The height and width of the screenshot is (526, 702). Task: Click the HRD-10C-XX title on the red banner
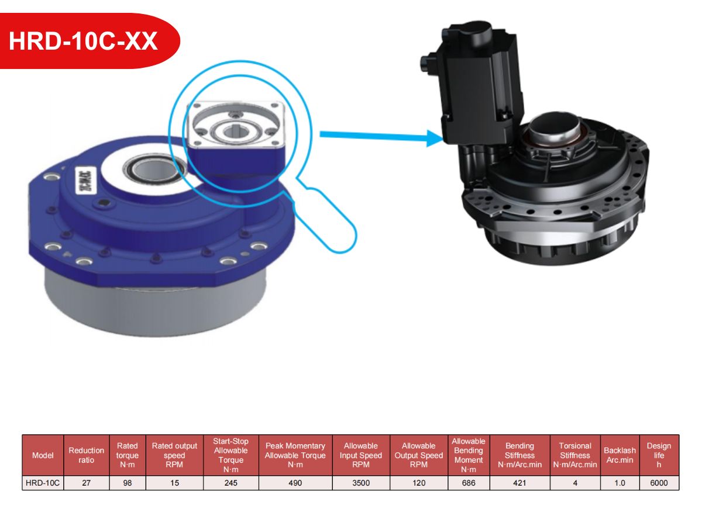83,41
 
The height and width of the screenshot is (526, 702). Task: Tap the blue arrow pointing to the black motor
381,137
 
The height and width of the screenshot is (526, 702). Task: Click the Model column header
43,455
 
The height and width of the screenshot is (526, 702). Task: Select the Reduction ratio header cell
87,455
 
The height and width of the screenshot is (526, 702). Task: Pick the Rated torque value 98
128,483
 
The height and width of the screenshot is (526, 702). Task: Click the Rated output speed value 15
174,483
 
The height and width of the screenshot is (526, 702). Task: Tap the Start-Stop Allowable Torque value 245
231,483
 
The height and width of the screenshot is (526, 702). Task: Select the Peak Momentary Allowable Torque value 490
295,483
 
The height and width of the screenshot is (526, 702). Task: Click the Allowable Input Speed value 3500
361,483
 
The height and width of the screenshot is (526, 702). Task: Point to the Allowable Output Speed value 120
419,483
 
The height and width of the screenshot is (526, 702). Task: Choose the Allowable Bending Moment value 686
469,483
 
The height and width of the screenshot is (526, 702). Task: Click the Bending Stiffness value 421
519,483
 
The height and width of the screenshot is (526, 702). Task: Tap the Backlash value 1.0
620,483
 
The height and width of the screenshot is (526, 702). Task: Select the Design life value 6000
659,483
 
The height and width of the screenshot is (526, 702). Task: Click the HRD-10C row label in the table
43,483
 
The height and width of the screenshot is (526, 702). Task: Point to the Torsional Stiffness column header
575,455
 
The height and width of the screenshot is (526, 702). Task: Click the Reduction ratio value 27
87,483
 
